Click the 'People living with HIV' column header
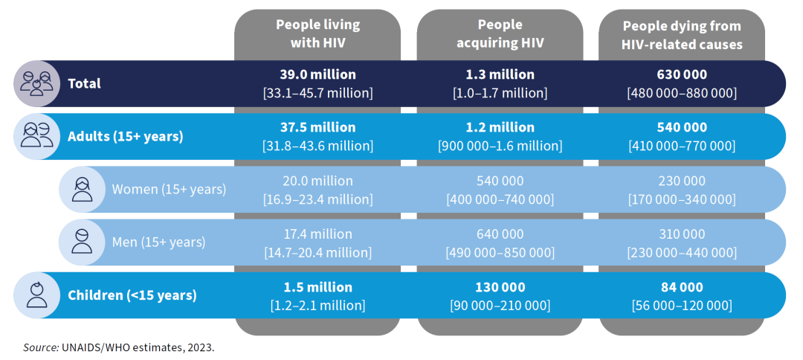coord(317,33)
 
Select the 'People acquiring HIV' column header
coord(500,33)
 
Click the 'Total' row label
coord(84,83)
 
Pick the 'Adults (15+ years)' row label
coord(125,136)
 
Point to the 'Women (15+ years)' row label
coord(169,189)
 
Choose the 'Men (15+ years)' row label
coord(158,242)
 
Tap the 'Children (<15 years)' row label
coord(132,295)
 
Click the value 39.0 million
coord(317,74)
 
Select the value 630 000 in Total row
coord(682,74)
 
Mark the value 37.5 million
coord(317,127)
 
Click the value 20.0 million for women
coord(317,181)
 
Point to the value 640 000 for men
coord(500,234)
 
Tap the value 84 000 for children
coord(682,287)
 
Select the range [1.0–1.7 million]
coord(500,93)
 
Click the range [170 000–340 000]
coord(682,199)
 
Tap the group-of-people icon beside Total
coord(36,83)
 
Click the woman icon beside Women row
coord(81,189)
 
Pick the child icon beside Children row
coord(36,295)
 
